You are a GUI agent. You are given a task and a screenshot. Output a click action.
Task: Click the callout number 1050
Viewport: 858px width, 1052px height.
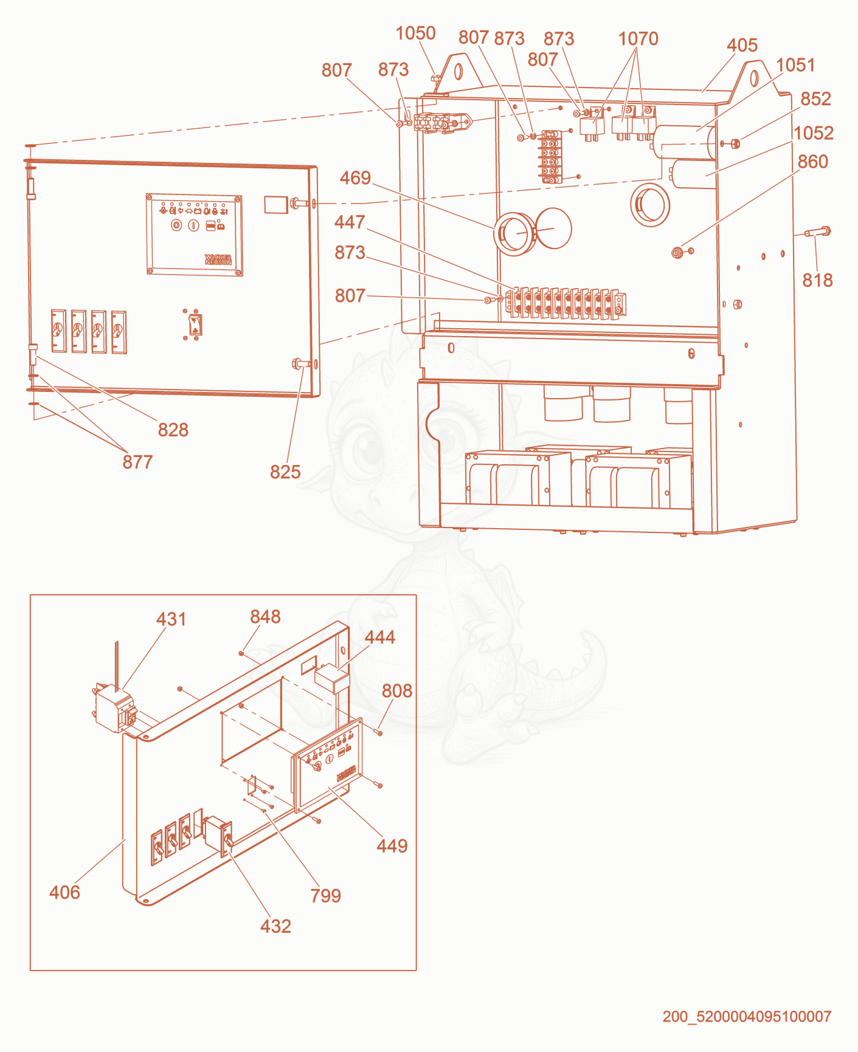415,33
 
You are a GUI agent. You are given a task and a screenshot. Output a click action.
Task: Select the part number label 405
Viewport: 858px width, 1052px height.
742,45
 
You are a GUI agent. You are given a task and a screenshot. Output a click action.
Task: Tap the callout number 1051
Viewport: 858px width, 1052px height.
795,65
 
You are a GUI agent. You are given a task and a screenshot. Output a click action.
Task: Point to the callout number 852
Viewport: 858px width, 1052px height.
815,98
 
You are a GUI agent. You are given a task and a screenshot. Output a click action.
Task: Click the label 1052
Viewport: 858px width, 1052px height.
814,132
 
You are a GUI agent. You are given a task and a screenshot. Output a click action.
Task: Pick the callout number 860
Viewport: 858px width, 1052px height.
813,162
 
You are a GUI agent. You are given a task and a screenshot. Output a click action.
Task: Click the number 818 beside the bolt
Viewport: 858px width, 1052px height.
817,280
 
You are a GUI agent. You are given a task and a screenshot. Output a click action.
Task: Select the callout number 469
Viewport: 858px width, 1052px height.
355,177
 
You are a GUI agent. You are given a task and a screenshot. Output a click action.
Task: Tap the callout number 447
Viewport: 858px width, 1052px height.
350,222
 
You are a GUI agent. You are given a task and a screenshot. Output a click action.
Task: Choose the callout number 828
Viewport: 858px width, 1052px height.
173,430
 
